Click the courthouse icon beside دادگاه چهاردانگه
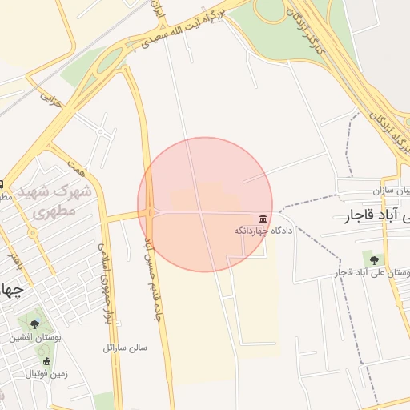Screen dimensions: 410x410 (x=263, y=219)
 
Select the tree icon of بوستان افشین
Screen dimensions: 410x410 (x=34, y=324)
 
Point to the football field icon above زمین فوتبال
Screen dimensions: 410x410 (x=46, y=361)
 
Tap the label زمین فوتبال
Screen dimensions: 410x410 (x=45, y=374)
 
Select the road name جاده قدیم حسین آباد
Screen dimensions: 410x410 (x=148, y=264)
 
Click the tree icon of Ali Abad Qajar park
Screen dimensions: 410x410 (x=371, y=259)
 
